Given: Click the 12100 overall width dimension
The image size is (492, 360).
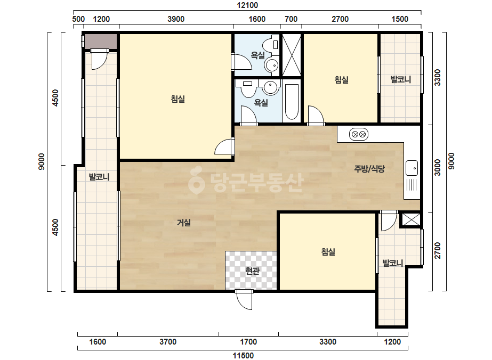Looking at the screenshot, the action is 247,5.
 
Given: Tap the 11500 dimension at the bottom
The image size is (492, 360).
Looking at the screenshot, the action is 243,355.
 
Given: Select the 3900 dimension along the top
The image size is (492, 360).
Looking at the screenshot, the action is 176,19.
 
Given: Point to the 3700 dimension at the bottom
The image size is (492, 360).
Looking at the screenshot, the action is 168,341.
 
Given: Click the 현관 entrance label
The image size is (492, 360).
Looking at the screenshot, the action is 252,271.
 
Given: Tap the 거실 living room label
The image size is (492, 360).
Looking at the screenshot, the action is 184,223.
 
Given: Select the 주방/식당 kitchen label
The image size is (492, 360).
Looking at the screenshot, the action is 369,169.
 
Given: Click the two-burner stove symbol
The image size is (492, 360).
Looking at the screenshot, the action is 359,135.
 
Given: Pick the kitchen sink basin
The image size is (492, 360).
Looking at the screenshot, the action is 412,168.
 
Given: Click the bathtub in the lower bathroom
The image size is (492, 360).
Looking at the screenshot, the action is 292,102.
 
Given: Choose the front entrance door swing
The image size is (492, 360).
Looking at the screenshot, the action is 245,300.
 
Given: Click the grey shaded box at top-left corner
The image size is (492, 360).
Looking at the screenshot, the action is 101,41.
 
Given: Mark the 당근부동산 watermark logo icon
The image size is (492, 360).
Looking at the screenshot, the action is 196,181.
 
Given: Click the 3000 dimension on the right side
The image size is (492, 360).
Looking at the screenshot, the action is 437,167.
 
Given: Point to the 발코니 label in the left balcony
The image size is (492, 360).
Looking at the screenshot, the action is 99,177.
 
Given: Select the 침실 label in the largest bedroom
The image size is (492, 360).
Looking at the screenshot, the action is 178,99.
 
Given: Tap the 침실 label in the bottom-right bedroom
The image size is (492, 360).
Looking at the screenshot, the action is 328,251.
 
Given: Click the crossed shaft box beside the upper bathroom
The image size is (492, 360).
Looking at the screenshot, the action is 292,55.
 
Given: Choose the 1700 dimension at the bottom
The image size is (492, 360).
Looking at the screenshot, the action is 248,341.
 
